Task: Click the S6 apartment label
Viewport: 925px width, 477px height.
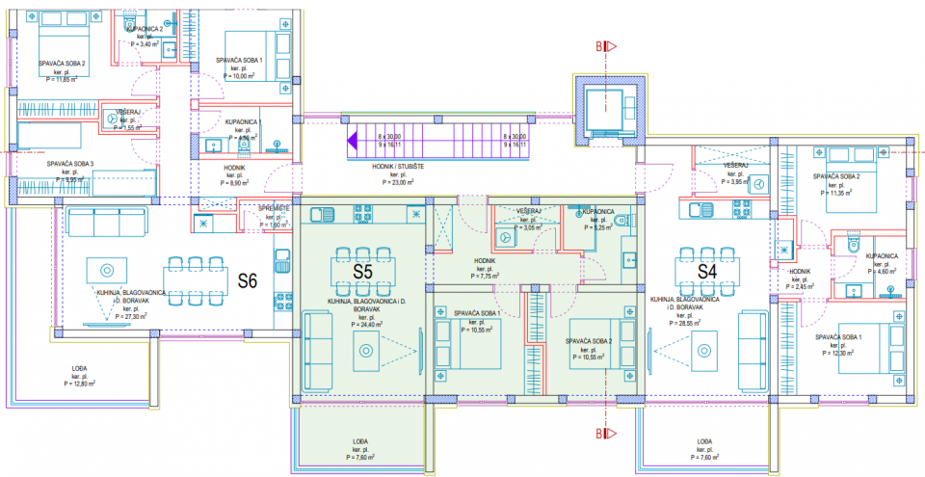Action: (x=248, y=281)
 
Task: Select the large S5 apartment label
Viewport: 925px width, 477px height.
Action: (x=361, y=272)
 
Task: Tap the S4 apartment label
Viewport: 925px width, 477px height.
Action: (x=708, y=272)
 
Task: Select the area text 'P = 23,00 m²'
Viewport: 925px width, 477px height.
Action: (x=397, y=181)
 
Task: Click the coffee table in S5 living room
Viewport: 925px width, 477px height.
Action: (x=366, y=353)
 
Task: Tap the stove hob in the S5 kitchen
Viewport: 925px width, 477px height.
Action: (x=364, y=211)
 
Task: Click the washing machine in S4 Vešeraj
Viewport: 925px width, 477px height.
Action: (x=758, y=183)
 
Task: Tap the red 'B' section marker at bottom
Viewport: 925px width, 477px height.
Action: (x=598, y=435)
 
